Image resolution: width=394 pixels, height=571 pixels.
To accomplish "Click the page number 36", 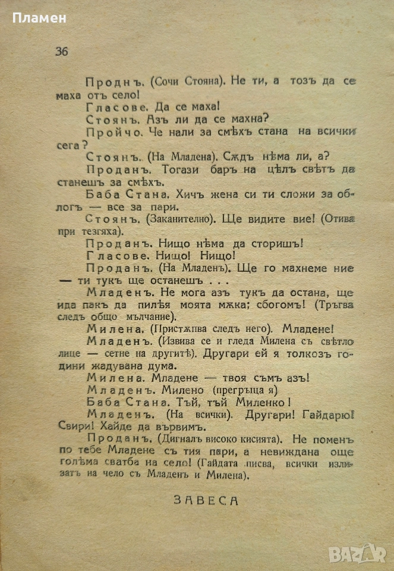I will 62,52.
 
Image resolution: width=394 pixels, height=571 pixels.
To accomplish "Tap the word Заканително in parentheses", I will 177,218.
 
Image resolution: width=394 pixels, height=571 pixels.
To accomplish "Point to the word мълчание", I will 147,316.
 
